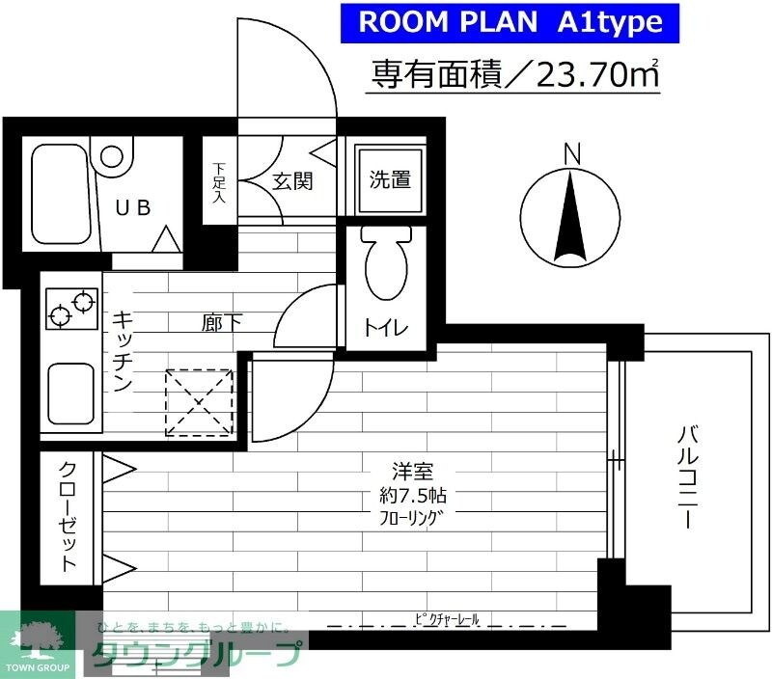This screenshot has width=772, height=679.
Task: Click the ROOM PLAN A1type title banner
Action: pos(511,23)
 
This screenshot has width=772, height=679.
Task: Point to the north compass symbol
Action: pos(570,215)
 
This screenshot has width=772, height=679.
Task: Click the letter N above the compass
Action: pos(572,152)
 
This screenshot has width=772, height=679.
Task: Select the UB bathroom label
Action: pos(134,206)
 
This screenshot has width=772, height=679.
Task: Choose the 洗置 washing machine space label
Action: pos(390,179)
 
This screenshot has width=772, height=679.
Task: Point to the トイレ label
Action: pos(386,328)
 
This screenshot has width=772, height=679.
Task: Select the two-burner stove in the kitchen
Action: pos(70,308)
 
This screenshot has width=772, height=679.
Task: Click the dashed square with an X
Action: pos(200,402)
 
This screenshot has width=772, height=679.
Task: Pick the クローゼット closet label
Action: pos(69,516)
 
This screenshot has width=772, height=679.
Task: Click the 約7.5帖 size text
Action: pos(412,497)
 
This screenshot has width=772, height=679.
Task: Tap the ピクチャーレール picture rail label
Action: pos(446,617)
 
